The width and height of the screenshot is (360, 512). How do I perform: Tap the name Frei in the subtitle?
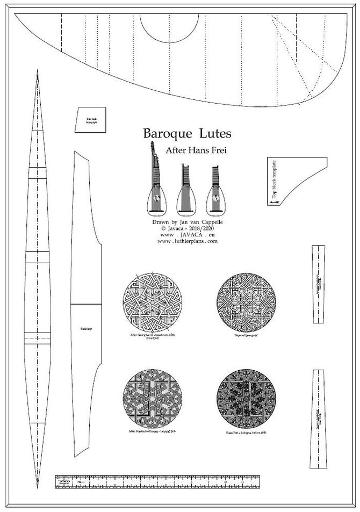click(x=216, y=151)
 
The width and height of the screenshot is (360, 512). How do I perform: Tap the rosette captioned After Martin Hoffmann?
click(x=152, y=398)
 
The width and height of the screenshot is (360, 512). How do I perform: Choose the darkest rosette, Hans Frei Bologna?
click(x=246, y=398)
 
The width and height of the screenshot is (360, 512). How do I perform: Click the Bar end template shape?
click(x=91, y=120)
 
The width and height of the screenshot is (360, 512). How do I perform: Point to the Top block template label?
click(x=273, y=181)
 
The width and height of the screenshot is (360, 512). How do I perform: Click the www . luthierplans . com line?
click(x=188, y=241)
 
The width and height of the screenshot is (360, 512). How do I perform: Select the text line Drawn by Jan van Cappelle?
click(x=188, y=221)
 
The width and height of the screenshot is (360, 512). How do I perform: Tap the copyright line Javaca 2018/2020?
click(x=188, y=228)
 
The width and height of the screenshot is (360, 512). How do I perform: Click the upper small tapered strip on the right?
click(x=318, y=284)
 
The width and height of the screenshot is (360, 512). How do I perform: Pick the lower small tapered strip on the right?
click(x=318, y=419)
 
